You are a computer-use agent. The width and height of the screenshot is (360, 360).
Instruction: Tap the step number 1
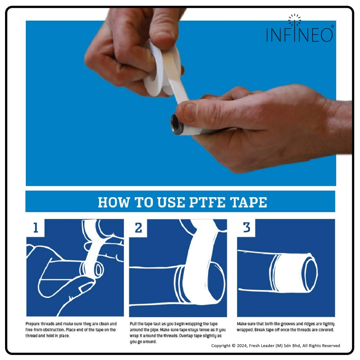[x=36, y=228]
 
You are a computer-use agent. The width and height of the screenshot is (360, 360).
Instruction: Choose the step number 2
[x=138, y=228]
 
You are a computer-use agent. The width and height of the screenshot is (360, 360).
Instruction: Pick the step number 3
[x=247, y=227]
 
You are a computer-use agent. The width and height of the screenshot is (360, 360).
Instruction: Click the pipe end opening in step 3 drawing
[x=311, y=273]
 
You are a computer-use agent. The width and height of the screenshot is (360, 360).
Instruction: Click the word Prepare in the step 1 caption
[x=32, y=324]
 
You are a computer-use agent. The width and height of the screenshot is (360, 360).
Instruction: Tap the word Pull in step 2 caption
[x=133, y=324]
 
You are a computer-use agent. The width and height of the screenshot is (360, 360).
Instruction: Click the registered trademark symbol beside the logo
[x=332, y=26]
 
